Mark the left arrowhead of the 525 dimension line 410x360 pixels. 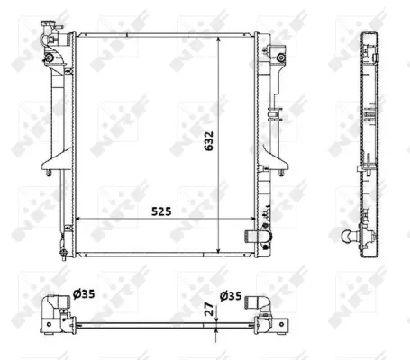pyautogui.click(x=77, y=219)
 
